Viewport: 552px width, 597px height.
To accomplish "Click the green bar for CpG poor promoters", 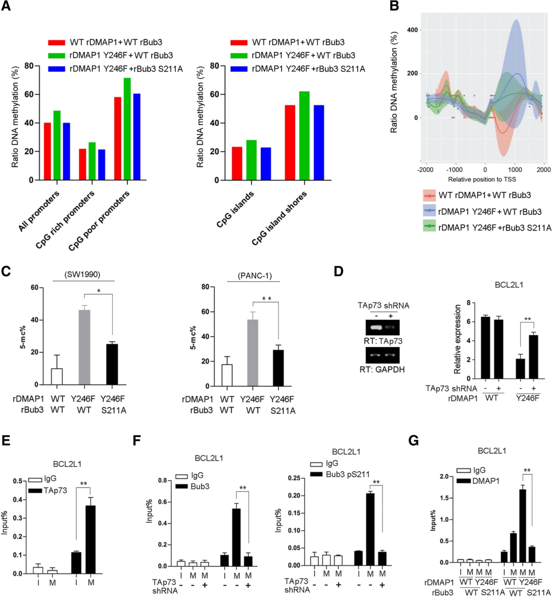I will point(127,129).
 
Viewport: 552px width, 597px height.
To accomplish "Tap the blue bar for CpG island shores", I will point(319,142).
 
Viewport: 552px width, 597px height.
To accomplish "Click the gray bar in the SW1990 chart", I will point(85,347).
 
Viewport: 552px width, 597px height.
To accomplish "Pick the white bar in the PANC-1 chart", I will point(227,375).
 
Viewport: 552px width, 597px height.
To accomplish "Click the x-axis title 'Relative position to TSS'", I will point(482,179).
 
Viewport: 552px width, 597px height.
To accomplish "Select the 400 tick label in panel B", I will point(412,30).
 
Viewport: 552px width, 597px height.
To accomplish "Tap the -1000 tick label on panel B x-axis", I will point(454,170).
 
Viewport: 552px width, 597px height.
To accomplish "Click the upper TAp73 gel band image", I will point(382,327).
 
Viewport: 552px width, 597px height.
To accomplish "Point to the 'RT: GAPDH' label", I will point(382,370).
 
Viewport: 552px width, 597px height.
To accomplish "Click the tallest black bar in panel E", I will point(91,539).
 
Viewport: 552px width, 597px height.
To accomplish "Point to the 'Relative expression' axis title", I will point(457,339).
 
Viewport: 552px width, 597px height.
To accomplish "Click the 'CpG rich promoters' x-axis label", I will point(65,220).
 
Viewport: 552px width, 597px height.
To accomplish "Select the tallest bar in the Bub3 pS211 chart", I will point(370,529).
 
